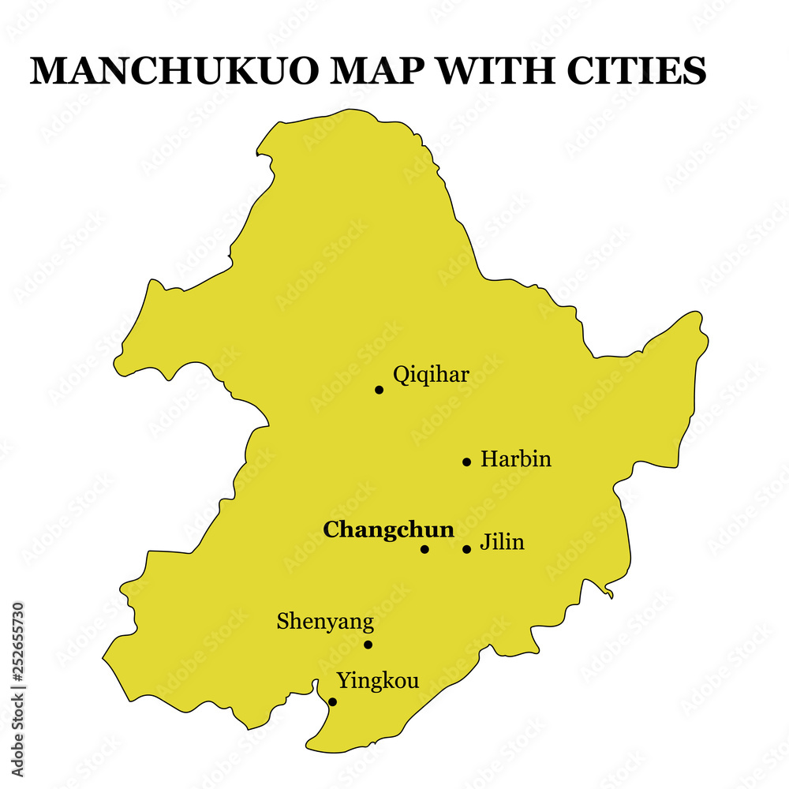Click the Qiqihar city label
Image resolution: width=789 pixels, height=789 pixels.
[431, 375]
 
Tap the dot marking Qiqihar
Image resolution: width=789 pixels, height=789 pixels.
[379, 389]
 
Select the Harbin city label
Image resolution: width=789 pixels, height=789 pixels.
[516, 458]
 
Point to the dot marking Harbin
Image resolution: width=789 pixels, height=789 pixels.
[466, 462]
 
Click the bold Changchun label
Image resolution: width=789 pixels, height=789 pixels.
[389, 529]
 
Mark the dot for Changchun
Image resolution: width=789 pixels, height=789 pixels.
[424, 549]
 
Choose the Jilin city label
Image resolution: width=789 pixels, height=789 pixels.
[503, 542]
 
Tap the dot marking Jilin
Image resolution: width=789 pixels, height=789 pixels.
[466, 549]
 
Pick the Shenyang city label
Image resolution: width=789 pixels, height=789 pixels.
[325, 622]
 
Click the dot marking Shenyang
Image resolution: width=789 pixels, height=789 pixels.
[368, 645]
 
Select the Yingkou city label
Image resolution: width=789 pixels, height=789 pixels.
[378, 680]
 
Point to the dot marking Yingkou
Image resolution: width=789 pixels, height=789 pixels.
[332, 701]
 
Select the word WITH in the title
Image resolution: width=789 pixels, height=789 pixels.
[495, 71]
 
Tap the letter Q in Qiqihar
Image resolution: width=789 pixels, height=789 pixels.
[401, 375]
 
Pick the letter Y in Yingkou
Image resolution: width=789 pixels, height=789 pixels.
[343, 680]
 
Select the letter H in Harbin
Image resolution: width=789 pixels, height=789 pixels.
[488, 458]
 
